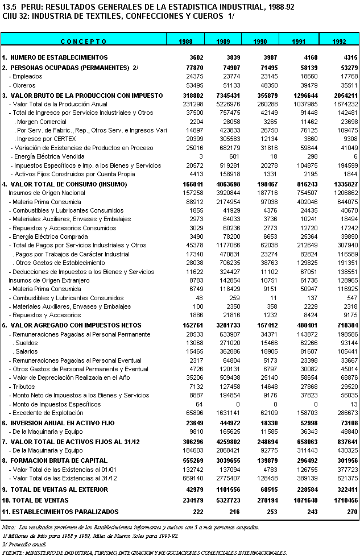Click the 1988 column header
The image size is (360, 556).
click(x=185, y=42)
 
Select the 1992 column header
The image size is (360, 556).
click(x=339, y=42)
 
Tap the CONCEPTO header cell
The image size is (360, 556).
click(x=84, y=42)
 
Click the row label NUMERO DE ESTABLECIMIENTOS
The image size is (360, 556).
click(x=59, y=58)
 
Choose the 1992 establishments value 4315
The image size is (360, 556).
click(x=347, y=58)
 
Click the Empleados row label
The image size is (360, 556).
click(x=26, y=76)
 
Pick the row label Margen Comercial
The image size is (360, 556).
click(x=41, y=122)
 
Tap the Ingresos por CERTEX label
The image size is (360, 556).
click(x=42, y=139)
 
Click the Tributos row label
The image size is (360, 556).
click(x=24, y=387)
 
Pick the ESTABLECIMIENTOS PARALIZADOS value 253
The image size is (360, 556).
click(x=271, y=512)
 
